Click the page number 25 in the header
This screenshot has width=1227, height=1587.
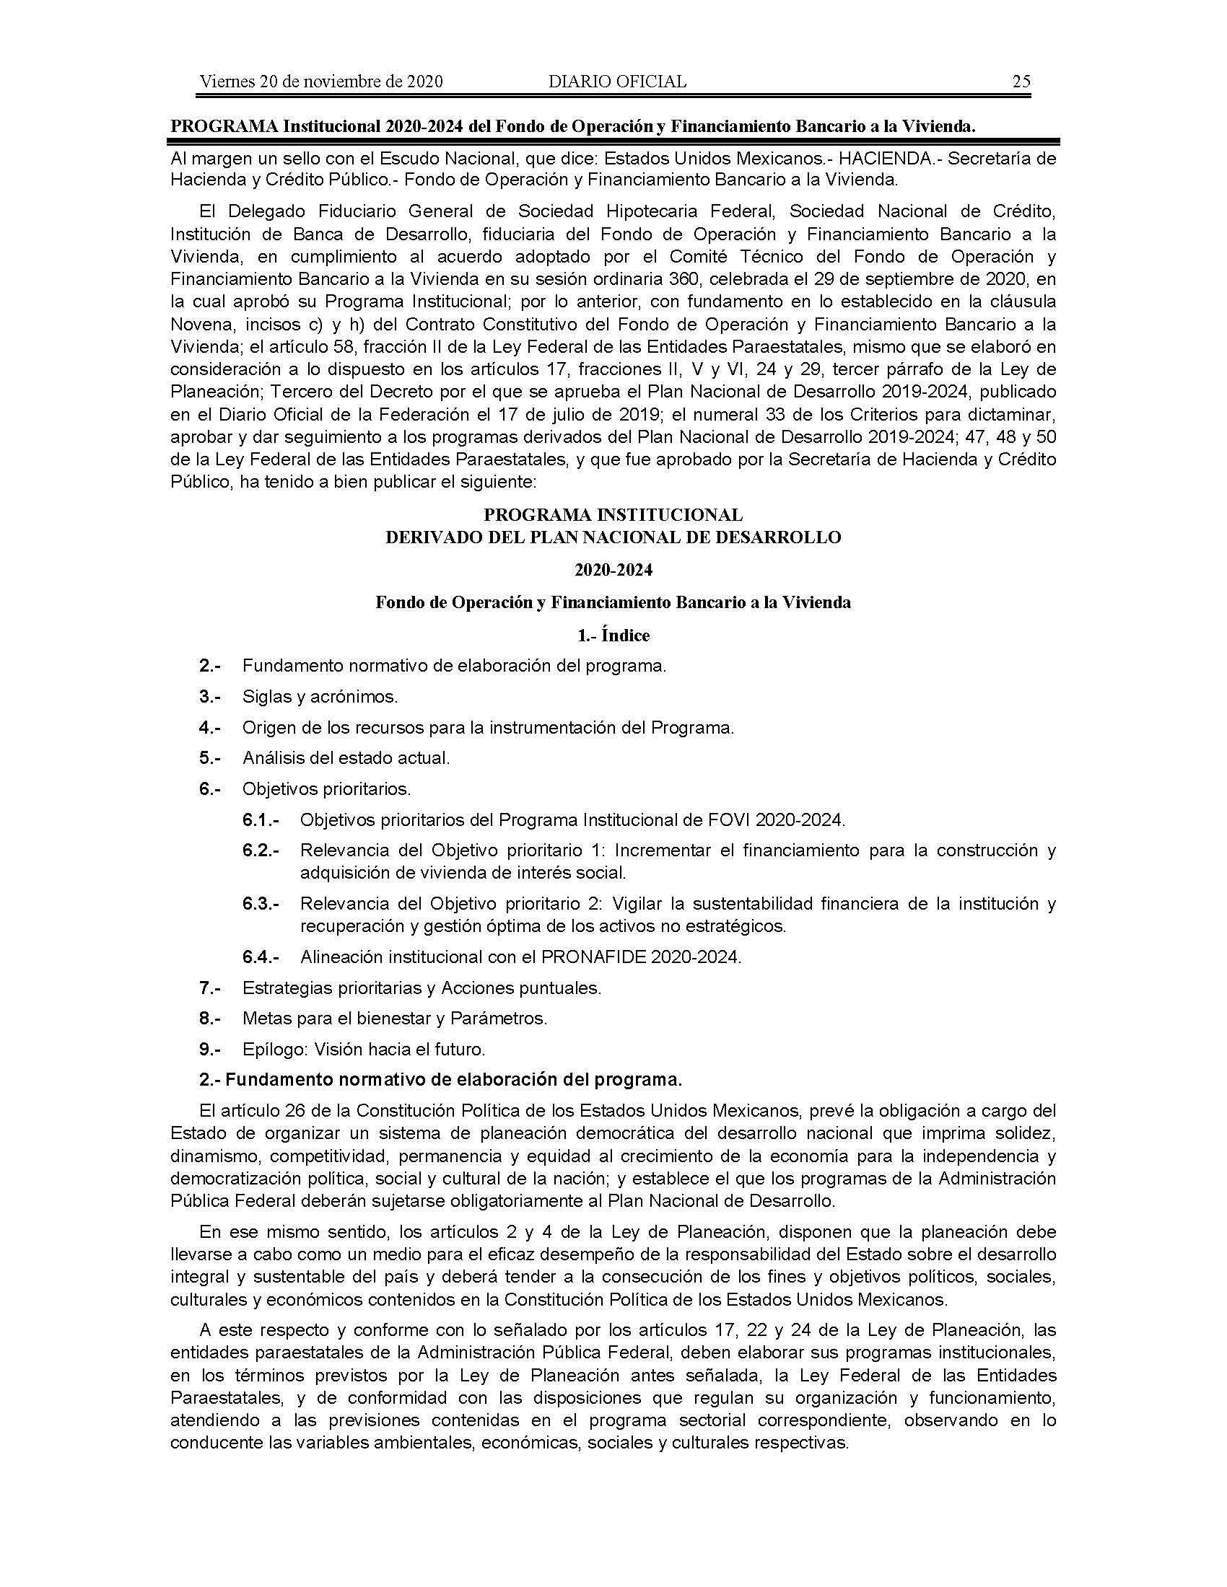click(x=1021, y=82)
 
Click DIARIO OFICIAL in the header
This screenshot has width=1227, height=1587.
click(x=617, y=82)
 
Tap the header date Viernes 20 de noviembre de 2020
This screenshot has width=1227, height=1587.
click(x=321, y=82)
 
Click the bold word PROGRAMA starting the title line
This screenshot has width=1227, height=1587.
click(x=224, y=126)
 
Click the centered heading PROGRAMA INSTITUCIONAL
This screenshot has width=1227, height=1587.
click(x=613, y=515)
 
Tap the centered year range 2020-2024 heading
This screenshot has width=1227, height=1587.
click(x=613, y=570)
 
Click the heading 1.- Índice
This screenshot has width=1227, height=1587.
click(x=613, y=635)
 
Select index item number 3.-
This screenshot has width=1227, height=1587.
click(x=210, y=697)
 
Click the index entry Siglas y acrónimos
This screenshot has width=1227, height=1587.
click(x=320, y=697)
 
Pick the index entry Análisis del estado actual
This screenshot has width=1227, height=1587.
click(x=346, y=758)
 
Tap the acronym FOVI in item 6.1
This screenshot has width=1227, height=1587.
click(x=729, y=819)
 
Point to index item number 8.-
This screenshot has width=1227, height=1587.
click(x=210, y=1019)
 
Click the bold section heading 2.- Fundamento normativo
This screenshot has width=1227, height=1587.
click(x=440, y=1080)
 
